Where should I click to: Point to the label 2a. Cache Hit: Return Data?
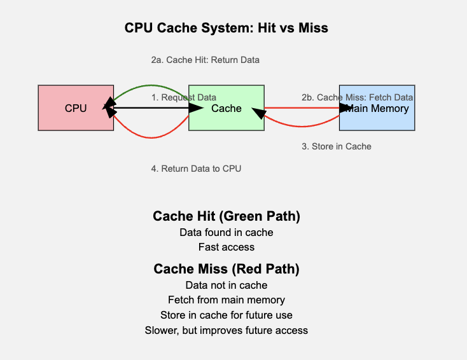point(205,60)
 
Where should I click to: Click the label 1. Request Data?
point(183,97)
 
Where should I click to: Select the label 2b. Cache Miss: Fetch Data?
point(357,97)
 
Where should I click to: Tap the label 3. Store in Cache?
point(336,146)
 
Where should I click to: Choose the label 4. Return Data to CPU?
point(196,169)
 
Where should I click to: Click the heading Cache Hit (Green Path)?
point(227,216)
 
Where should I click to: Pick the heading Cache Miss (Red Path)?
point(227,269)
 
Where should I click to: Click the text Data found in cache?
point(227,233)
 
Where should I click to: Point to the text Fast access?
point(227,247)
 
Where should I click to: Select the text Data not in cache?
point(227,285)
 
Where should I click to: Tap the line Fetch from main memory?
point(227,300)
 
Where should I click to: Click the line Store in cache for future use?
point(227,315)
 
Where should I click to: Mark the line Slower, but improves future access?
point(227,330)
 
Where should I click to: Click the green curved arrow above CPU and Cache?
point(151,85)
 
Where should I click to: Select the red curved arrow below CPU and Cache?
point(151,136)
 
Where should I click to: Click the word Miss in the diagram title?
point(313,28)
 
